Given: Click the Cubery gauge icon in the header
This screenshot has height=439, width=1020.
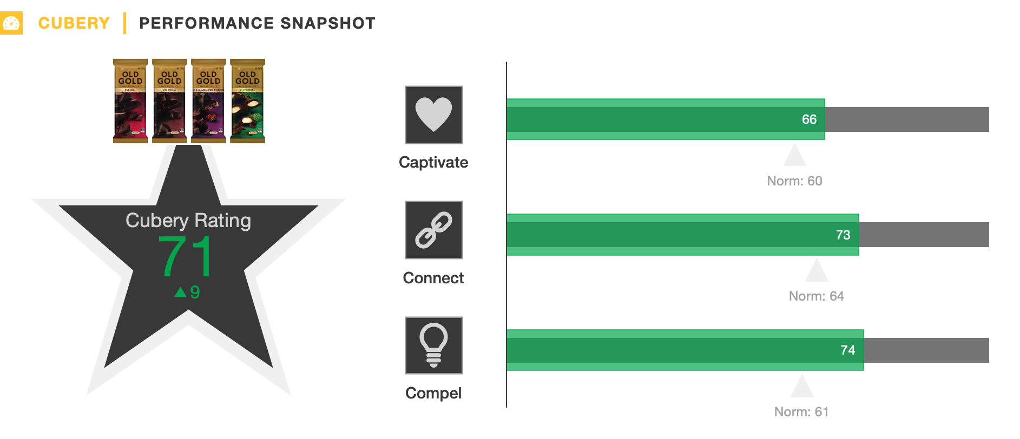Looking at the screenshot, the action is click(x=11, y=23).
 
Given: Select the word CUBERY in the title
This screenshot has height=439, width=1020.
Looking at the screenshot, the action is click(x=74, y=23).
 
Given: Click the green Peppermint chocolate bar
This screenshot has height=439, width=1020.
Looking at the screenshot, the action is click(x=247, y=101).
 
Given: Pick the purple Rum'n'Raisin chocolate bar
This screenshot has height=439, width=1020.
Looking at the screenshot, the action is click(x=208, y=101).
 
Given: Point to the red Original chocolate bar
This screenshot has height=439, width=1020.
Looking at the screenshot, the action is click(x=130, y=101).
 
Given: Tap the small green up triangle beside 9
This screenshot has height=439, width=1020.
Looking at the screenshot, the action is click(x=180, y=292).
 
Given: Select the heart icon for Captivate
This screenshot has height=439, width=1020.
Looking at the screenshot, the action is click(x=433, y=115).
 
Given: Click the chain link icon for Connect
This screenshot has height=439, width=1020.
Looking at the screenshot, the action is click(x=433, y=230).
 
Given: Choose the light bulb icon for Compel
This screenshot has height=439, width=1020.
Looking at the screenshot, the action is click(x=433, y=345).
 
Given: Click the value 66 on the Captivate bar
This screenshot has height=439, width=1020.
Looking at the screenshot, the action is click(x=809, y=119).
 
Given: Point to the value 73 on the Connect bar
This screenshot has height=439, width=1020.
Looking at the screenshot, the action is click(x=843, y=235).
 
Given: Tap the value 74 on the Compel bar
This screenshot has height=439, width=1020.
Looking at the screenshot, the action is click(x=847, y=350).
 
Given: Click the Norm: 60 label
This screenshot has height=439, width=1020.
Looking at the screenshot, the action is click(x=794, y=181).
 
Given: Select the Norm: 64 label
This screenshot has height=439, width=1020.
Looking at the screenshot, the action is click(x=816, y=296).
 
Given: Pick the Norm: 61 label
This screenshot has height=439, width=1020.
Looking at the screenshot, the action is click(x=801, y=412).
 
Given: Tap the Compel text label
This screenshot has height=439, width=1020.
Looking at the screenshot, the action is click(x=433, y=393).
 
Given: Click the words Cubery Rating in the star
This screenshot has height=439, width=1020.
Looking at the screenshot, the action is click(x=188, y=221).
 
